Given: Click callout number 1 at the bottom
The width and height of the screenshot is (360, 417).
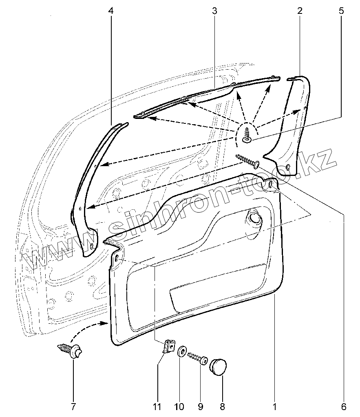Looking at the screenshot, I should tap(275, 406).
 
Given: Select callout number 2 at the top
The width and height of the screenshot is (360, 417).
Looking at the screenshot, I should tap(300, 11).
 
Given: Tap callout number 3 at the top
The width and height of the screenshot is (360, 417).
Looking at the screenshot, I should tap(214, 11).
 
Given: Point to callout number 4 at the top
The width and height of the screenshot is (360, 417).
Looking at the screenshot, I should tap(111, 11).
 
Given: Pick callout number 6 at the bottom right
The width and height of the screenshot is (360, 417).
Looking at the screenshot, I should tap(344, 406).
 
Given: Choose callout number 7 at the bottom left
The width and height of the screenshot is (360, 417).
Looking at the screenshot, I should tap(73, 406).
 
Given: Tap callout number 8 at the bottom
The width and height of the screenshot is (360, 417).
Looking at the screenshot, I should tap(223, 406).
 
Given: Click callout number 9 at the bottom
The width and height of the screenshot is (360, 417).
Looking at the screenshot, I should tap(201, 406).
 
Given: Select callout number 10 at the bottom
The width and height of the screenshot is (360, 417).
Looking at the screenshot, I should tap(179, 406).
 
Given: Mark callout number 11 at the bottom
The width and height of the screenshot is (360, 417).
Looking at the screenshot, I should tap(157, 406).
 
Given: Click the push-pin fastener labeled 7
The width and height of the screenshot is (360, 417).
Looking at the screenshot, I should tap(71, 351).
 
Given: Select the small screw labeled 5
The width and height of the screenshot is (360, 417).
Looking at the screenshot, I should tap(247, 135).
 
